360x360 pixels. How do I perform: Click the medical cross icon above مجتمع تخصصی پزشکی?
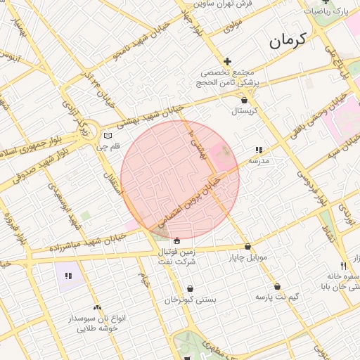[x=227, y=62]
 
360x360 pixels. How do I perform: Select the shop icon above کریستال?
[x=244, y=101]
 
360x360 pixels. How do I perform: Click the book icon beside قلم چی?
[x=107, y=136]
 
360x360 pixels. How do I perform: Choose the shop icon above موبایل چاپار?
[x=247, y=247]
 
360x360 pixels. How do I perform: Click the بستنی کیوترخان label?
[x=191, y=300]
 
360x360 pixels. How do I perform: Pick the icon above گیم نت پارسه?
[x=278, y=287]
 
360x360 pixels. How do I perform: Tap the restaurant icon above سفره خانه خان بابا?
[x=343, y=266]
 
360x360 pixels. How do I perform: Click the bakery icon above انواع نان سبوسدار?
[x=97, y=307]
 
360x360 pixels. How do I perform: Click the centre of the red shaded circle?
[x=180, y=179]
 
